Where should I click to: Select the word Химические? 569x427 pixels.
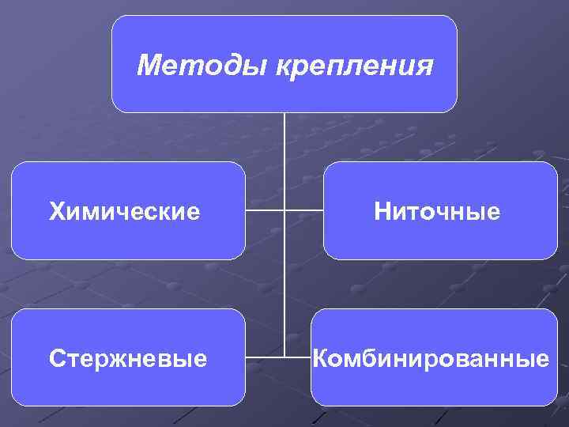coord(124,212)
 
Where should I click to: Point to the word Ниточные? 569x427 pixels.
coord(437,212)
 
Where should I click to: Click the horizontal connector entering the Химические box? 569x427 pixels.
coord(264,211)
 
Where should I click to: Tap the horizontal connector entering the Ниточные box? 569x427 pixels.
coord(304,211)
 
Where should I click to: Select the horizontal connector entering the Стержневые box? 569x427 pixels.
coord(264,357)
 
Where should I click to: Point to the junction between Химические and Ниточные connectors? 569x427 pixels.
coord(284,211)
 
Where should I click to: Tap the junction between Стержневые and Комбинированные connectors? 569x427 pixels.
coord(284,357)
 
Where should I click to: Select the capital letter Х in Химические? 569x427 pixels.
coord(55,212)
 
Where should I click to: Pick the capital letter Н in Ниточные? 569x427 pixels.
coord(382,212)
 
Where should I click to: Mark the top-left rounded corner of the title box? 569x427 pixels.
coord(116,21)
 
